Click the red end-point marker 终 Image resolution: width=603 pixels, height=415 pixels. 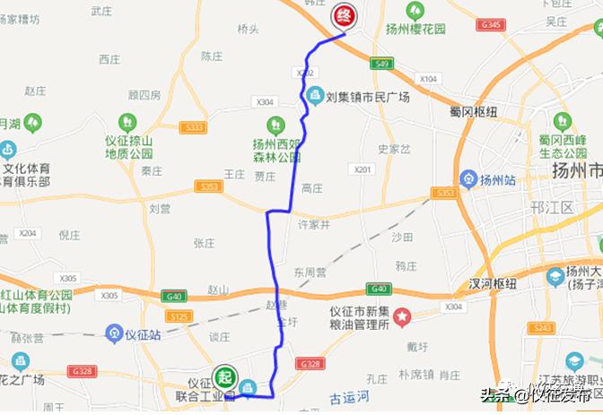tap(345, 15)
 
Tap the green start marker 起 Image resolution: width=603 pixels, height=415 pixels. tap(223, 376)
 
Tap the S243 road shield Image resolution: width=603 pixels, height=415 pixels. tap(567, 329)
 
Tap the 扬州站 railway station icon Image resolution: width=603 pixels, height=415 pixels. tap(466, 179)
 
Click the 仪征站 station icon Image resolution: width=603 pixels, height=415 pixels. tap(114, 334)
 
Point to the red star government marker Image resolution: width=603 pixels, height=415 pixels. tap(403, 316)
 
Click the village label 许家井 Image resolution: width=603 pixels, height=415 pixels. tap(314, 223)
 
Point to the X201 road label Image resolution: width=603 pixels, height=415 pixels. tap(363, 169)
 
